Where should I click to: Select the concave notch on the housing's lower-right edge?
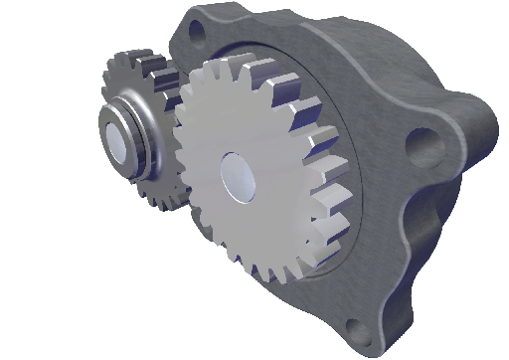pos(408,234)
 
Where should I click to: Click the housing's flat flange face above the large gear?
pos(298,45)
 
